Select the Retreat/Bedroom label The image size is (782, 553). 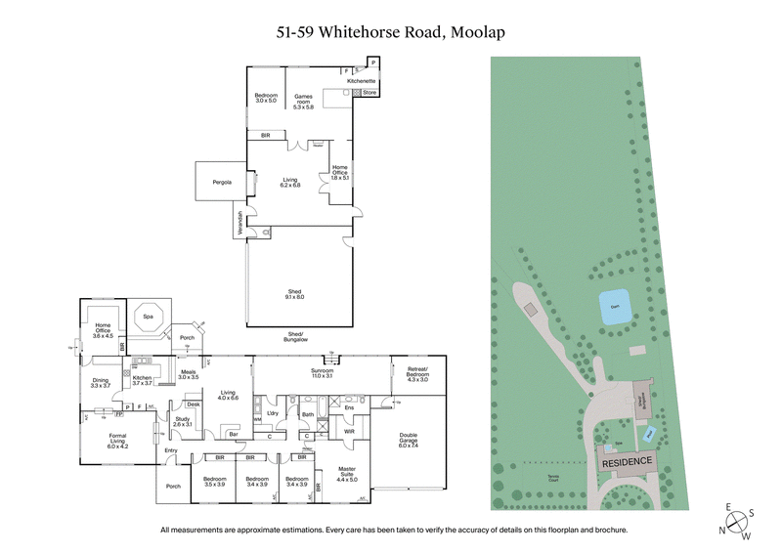pyautogui.click(x=418, y=372)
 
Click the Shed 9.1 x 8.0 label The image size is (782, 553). pyautogui.click(x=294, y=292)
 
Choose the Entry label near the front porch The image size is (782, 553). pyautogui.click(x=172, y=449)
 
